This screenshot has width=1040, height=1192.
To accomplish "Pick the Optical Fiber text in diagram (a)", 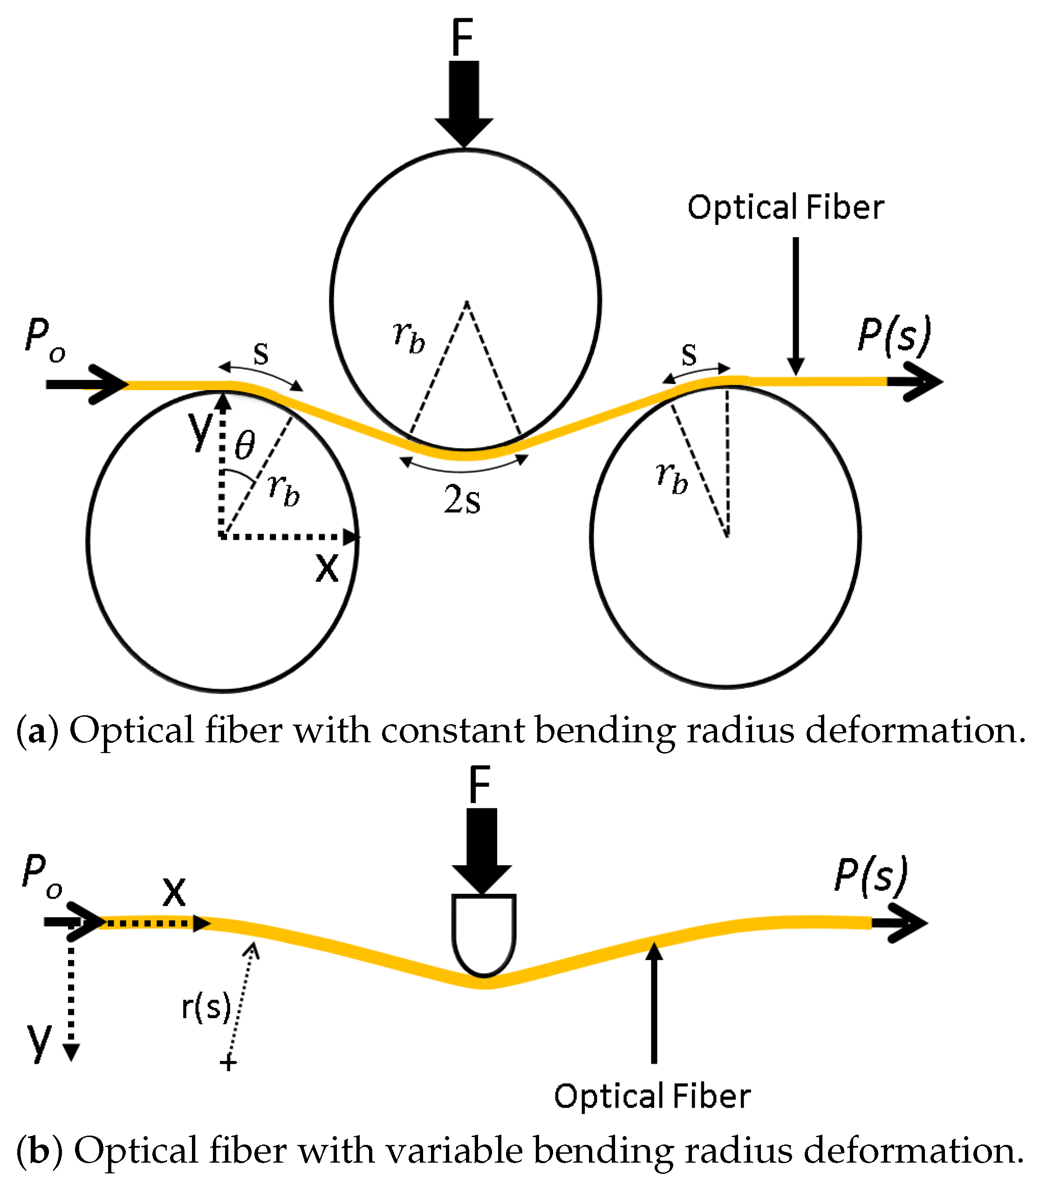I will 785,208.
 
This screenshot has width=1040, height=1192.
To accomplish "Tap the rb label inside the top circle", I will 409,336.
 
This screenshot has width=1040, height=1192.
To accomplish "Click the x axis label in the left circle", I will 327,568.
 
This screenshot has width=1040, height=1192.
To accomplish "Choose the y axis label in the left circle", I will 201,430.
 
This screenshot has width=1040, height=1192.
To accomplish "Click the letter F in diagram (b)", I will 480,785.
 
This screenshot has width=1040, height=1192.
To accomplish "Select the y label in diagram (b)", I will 40,1041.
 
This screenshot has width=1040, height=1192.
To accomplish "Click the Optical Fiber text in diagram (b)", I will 652,1096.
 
